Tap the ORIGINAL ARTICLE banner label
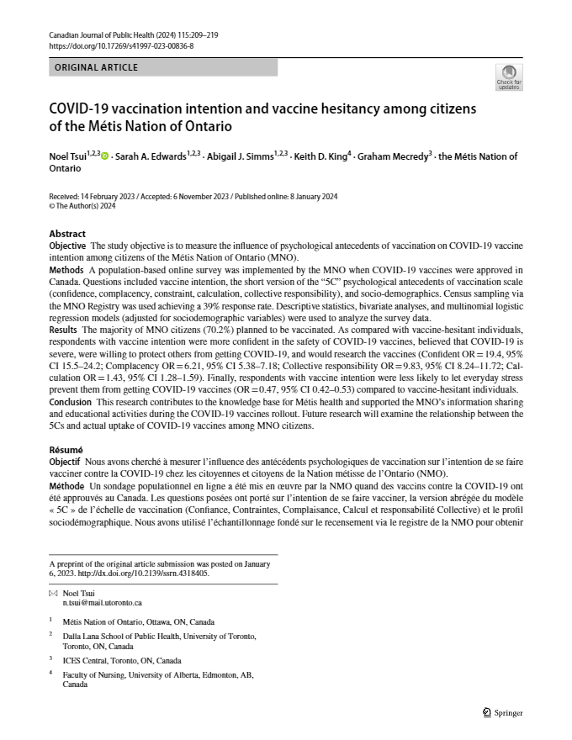click(x=96, y=67)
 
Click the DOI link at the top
click(x=121, y=46)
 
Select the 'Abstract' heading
click(x=67, y=234)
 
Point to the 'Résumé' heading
click(x=66, y=451)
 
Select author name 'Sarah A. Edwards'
click(x=150, y=156)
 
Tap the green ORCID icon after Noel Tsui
click(x=104, y=156)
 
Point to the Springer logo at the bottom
click(x=503, y=713)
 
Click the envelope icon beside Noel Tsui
click(x=54, y=594)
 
